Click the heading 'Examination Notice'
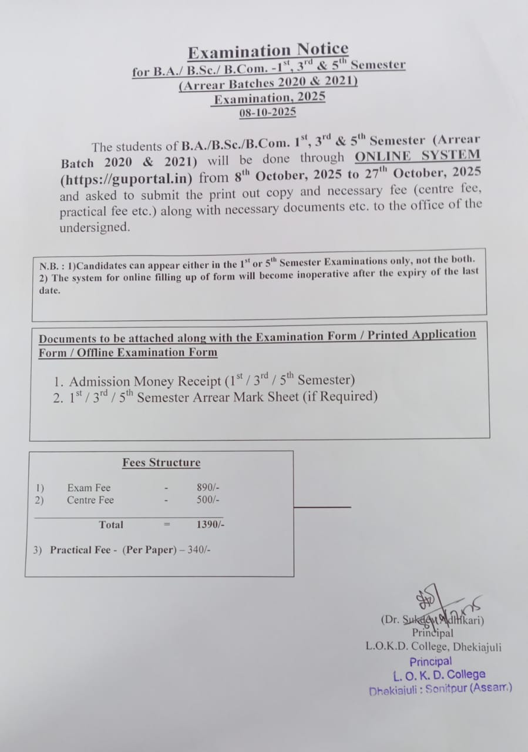[x=268, y=51]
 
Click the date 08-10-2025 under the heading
[x=267, y=112]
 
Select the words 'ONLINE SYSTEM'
[x=417, y=156]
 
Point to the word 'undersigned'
[x=95, y=228]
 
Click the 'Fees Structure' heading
[x=161, y=463]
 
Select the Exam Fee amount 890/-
[x=208, y=488]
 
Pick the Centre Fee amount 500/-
[x=208, y=500]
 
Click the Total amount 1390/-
[x=210, y=525]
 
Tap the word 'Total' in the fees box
[x=111, y=525]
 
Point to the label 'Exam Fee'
[x=89, y=488]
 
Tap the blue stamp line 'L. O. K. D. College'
[x=439, y=675]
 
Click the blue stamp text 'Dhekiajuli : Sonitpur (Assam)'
[x=440, y=689]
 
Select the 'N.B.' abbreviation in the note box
[x=49, y=266]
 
